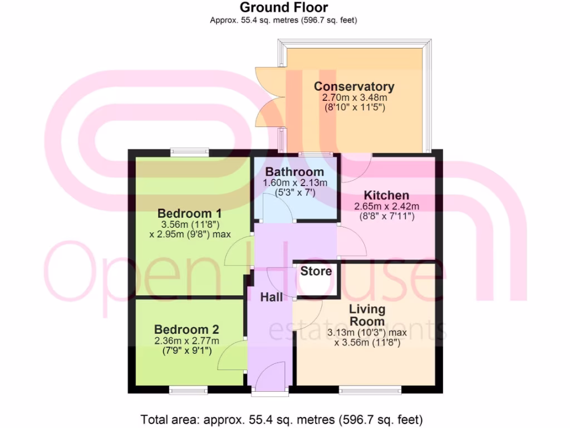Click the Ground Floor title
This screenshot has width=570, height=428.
pos(283,8)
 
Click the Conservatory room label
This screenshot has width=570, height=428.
pos(354,86)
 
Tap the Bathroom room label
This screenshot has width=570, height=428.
pos(294,172)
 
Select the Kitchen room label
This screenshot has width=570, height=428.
pos(386,196)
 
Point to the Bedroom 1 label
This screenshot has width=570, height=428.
pos(190,213)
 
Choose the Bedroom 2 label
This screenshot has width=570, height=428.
pos(186,329)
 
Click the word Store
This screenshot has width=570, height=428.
pos(316,271)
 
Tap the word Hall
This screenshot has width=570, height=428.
pos(272,298)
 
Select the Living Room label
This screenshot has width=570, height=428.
pos(367,315)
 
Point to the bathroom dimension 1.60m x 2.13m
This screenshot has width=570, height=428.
pos(294,183)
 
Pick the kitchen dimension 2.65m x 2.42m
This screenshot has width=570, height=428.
pos(386,206)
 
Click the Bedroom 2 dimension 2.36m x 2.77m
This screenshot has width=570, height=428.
pos(186,341)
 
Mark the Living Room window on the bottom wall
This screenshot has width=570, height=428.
pos(370,390)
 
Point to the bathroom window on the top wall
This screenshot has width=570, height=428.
pos(316,153)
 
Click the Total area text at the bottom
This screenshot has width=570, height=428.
pos(283,419)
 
